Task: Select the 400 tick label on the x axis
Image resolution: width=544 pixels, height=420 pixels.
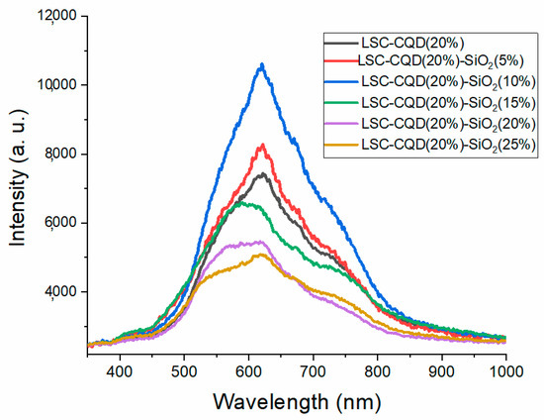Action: tap(120, 369)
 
